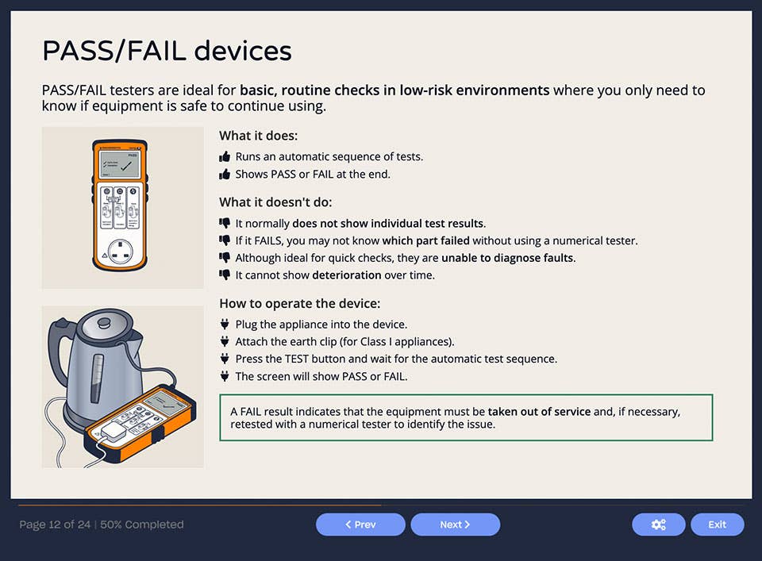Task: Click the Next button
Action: click(455, 524)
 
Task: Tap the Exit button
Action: click(717, 524)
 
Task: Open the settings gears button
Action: click(658, 524)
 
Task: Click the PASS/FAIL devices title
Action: click(167, 51)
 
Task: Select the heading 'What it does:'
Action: click(258, 136)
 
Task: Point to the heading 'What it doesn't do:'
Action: click(275, 202)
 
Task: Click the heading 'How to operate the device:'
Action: click(299, 303)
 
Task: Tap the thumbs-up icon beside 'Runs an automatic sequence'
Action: click(225, 157)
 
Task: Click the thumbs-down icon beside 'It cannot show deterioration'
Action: click(225, 275)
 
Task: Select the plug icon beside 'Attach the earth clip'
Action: click(225, 342)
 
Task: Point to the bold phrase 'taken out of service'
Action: click(539, 412)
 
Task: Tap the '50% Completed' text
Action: click(142, 524)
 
